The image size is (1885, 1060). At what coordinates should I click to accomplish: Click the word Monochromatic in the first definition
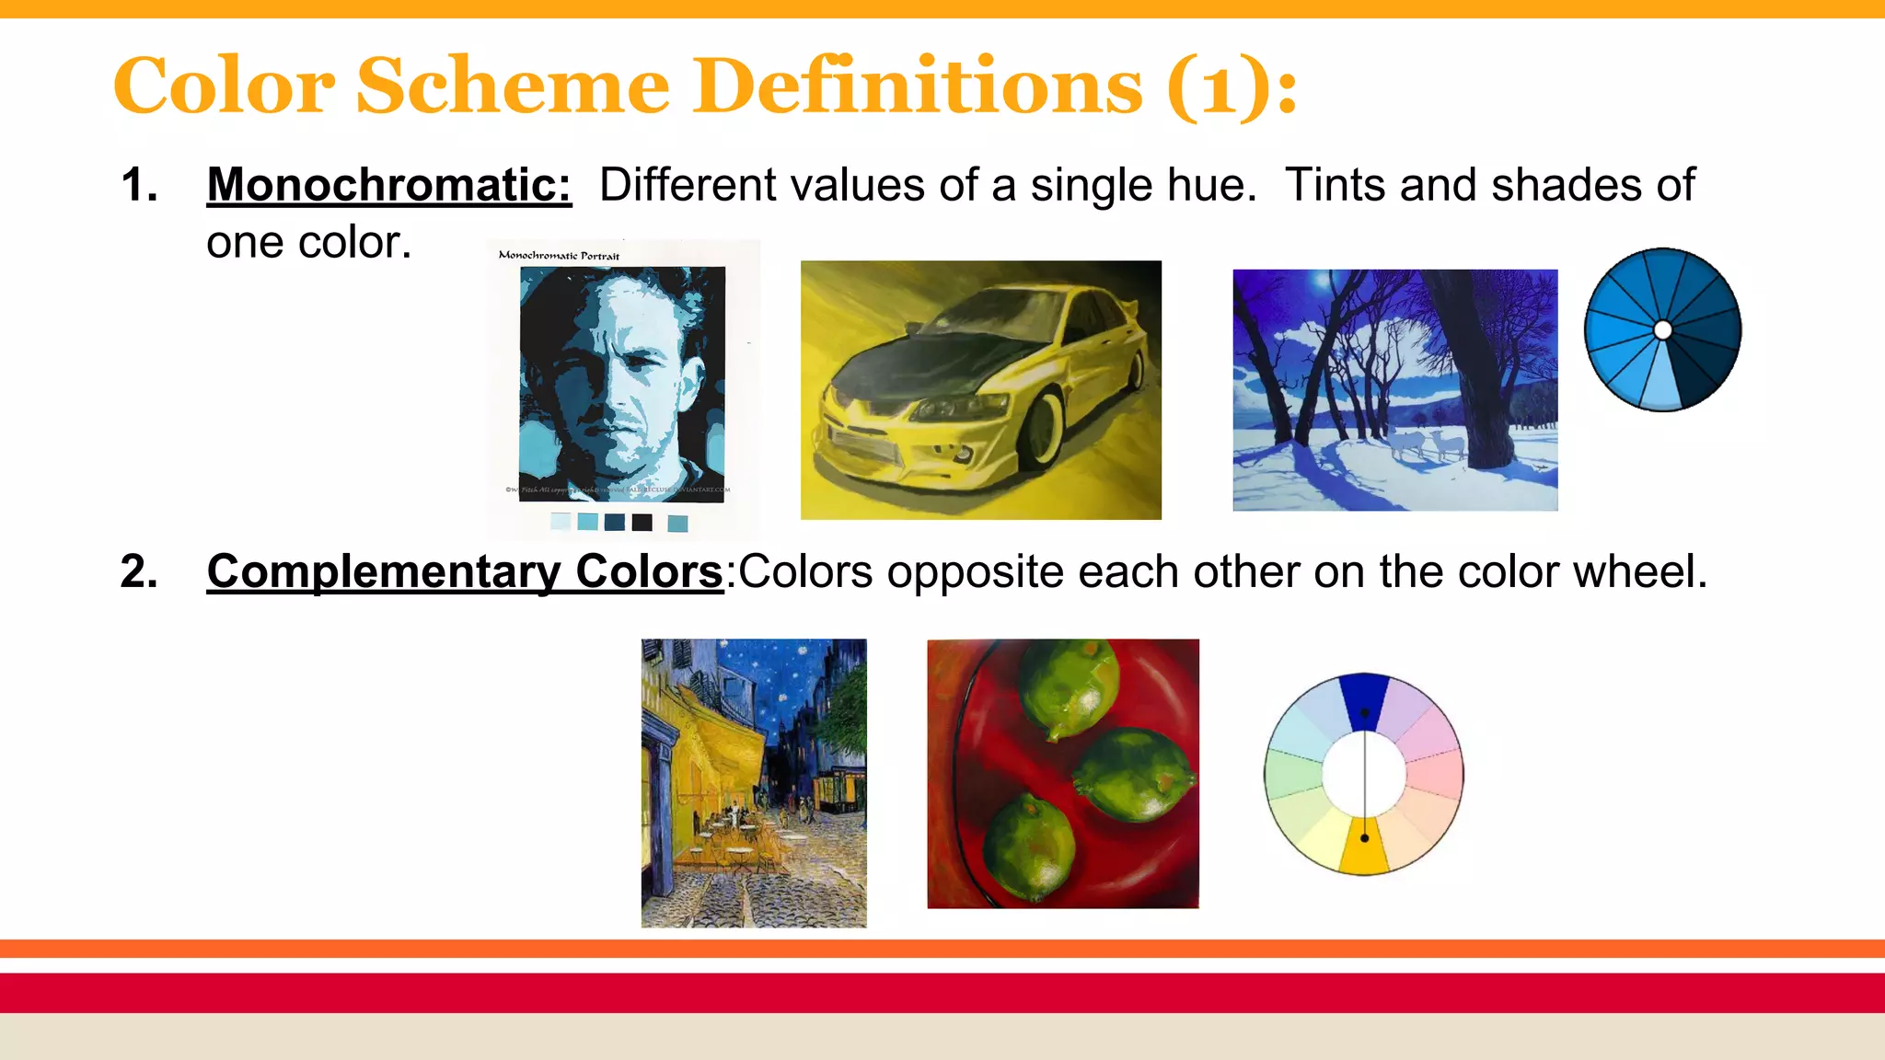(x=388, y=185)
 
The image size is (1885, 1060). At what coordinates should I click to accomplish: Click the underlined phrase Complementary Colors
(x=465, y=571)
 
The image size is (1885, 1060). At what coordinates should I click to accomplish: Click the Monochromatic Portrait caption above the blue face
(x=559, y=255)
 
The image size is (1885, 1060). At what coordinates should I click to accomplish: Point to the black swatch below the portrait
(x=642, y=523)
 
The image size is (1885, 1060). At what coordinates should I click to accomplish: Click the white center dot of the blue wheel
(x=1662, y=329)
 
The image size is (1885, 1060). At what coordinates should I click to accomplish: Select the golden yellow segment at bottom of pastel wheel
(x=1364, y=847)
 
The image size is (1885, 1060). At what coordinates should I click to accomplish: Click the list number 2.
(x=138, y=571)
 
